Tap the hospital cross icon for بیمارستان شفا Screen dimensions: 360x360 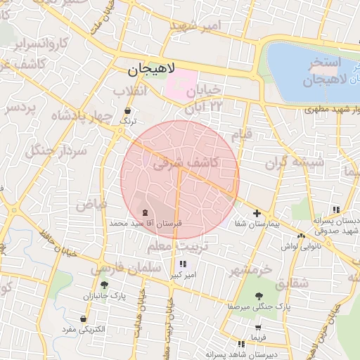point(257,213)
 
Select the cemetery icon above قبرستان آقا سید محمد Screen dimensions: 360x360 point(146,212)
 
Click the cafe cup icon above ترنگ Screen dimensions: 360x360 point(127,111)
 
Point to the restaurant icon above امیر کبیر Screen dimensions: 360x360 point(183,264)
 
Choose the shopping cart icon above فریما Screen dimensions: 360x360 point(258,328)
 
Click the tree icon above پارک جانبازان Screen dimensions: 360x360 point(105,285)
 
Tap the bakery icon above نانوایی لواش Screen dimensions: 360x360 point(301,236)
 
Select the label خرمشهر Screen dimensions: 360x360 point(250,269)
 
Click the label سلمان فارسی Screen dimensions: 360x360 point(116,268)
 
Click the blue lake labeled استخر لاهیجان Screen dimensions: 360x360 point(309,67)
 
